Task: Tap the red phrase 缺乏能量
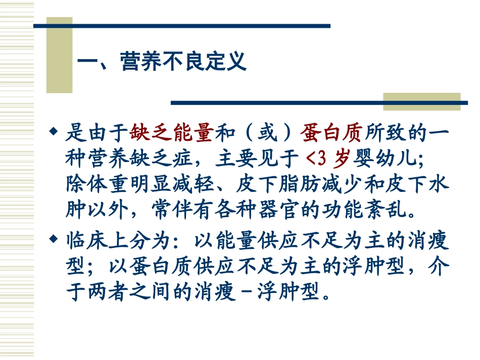(x=172, y=134)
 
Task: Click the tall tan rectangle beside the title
(x=59, y=56)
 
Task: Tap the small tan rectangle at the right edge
(x=421, y=101)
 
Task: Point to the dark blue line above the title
(x=182, y=26)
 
